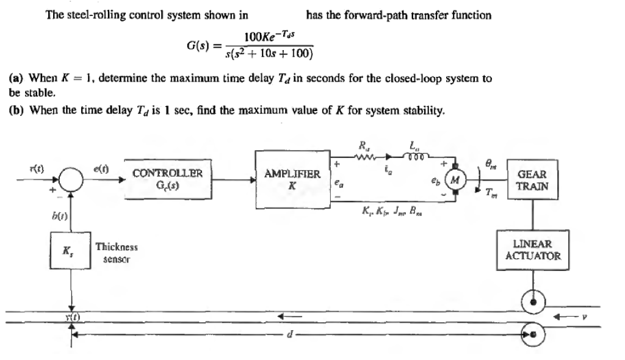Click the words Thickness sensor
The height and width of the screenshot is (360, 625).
pyautogui.click(x=117, y=253)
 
